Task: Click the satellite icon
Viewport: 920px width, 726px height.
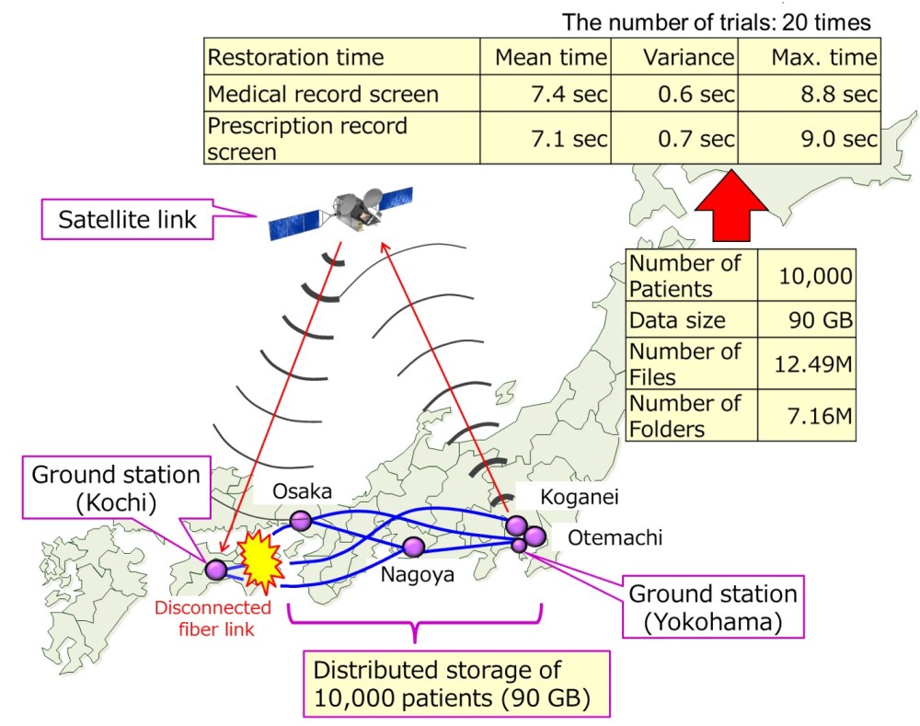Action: [x=341, y=213]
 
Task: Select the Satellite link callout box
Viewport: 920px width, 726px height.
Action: [x=127, y=220]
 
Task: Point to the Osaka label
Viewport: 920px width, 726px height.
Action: [x=302, y=491]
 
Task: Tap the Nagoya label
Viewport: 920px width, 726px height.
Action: [x=417, y=574]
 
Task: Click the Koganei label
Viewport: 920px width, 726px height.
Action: [x=579, y=497]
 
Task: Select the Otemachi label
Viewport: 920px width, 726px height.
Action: [x=615, y=537]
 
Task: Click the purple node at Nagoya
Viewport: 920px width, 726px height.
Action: [x=414, y=547]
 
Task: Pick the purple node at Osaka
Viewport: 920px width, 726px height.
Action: [x=301, y=520]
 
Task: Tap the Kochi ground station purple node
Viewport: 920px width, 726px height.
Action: [x=216, y=570]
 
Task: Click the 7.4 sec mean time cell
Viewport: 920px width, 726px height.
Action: [x=546, y=93]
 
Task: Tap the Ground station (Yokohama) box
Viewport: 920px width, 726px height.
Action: [x=713, y=607]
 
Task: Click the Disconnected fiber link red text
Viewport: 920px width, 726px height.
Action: [x=213, y=618]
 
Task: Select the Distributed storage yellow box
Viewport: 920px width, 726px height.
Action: [x=456, y=684]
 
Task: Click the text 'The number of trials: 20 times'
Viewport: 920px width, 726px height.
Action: [x=717, y=22]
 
